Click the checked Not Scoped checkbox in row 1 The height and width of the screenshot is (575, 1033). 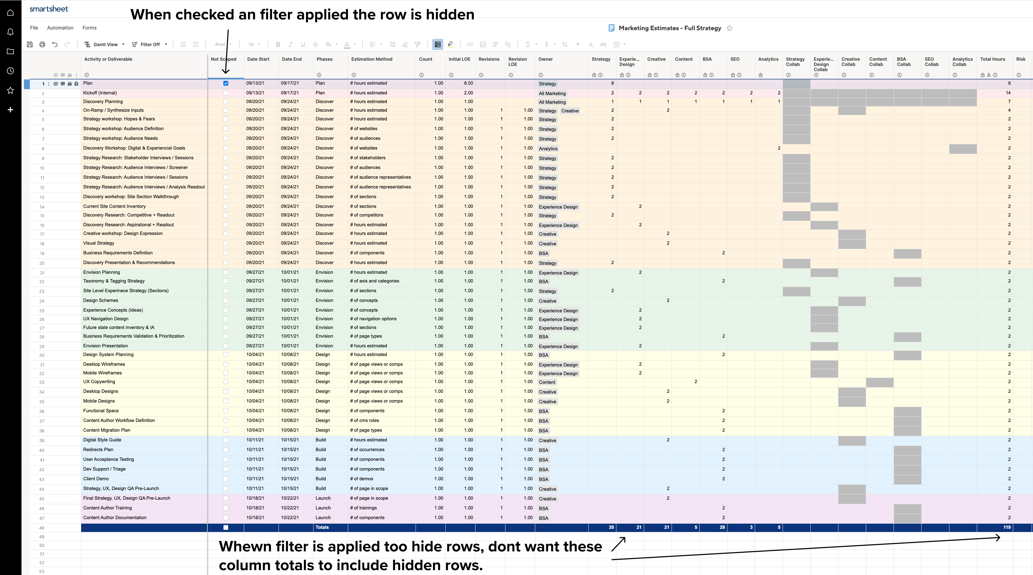[x=226, y=84]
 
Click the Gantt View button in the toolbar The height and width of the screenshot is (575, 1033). [x=105, y=44]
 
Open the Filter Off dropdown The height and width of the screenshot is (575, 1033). [x=150, y=44]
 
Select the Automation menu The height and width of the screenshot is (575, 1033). [x=60, y=28]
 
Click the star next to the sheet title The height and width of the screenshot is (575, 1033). [x=729, y=28]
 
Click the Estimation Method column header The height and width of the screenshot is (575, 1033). [x=372, y=59]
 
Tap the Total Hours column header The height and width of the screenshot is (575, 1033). [x=992, y=59]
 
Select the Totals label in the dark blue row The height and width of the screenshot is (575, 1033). [x=322, y=527]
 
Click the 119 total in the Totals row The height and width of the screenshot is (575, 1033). [x=1007, y=527]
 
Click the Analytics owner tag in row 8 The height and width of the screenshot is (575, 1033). [x=548, y=149]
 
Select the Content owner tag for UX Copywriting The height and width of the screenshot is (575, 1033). [x=547, y=382]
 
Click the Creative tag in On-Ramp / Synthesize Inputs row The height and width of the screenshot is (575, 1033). [x=570, y=111]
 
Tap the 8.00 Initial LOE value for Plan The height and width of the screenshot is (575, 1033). [x=468, y=83]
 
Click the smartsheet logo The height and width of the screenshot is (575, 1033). [x=49, y=9]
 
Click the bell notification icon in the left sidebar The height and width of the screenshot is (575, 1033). [x=10, y=32]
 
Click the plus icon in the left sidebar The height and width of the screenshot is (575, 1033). [x=10, y=110]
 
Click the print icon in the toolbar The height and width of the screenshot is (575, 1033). [x=42, y=44]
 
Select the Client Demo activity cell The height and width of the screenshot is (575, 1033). [x=96, y=479]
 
